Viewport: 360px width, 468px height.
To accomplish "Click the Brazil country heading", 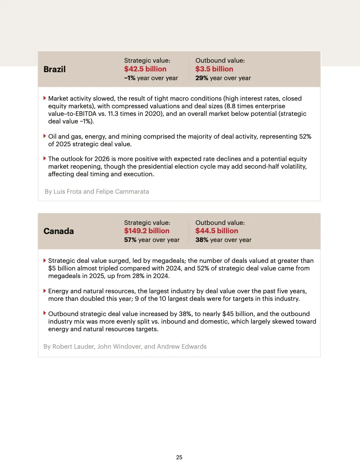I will (x=55, y=69).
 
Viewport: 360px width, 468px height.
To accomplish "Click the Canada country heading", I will (x=59, y=231).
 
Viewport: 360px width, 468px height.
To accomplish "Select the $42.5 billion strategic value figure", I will (x=145, y=69).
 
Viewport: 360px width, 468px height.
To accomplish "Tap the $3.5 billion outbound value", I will (x=214, y=69).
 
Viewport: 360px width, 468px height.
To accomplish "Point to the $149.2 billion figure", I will (x=147, y=231).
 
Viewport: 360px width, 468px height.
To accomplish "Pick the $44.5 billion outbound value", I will (x=217, y=231).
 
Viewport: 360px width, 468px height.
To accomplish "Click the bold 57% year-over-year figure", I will (x=130, y=240).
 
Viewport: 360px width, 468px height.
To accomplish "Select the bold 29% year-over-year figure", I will (x=202, y=78).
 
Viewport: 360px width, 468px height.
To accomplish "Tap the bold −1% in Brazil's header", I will (x=130, y=78).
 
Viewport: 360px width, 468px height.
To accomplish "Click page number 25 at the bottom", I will (x=179, y=457).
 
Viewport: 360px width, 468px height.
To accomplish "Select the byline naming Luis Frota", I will (x=97, y=191).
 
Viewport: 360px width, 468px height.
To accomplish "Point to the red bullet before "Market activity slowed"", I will (x=45, y=98).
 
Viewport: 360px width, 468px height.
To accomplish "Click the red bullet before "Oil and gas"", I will (x=45, y=136).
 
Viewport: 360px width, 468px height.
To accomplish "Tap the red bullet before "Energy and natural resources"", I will (x=45, y=291).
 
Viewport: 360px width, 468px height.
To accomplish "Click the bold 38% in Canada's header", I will (x=202, y=240).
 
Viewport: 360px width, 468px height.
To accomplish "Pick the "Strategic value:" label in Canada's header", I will (x=147, y=223).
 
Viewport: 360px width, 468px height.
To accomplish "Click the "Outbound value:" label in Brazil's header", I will (x=220, y=60).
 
